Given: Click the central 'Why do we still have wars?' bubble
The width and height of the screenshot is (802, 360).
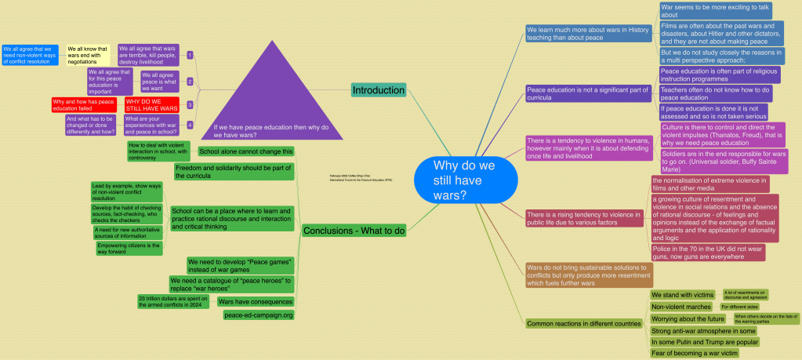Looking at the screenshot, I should click(x=466, y=180).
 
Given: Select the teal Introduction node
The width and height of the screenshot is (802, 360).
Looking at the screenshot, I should click(x=379, y=89).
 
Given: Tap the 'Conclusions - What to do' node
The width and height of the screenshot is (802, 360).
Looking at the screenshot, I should click(x=354, y=230).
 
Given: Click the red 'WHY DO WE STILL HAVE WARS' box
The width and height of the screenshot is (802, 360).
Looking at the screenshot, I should click(x=152, y=105).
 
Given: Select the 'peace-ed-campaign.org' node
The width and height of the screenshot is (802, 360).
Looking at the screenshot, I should click(x=258, y=315).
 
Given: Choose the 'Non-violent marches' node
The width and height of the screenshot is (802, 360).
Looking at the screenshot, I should click(x=682, y=307).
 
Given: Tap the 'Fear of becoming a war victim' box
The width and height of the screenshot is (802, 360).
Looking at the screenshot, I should click(x=695, y=353).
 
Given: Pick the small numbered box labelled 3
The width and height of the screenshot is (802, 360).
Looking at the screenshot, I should click(x=190, y=104).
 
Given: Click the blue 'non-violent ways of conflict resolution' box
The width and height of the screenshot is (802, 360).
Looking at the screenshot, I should click(x=30, y=54).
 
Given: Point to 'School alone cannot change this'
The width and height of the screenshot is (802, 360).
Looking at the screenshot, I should click(x=246, y=151).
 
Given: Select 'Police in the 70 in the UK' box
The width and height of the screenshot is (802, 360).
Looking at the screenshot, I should click(x=707, y=253).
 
